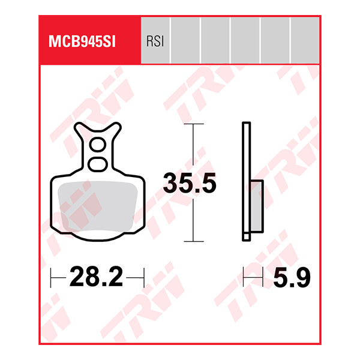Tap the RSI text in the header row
pos(155,41)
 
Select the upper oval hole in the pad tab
pos(96,146)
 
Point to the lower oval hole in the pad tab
pos(96,163)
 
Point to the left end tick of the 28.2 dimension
pos(51,278)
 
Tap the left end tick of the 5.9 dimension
pos(243,278)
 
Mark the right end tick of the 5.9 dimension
pos(264,278)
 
